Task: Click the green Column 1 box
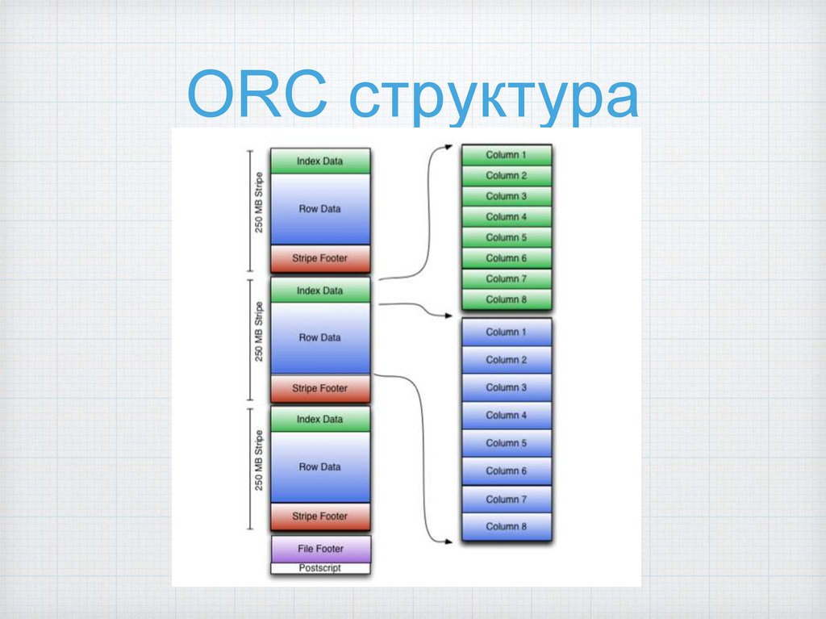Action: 506,155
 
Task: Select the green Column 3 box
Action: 506,196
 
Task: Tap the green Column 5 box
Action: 506,237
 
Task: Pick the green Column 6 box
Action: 506,258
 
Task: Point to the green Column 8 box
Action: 506,299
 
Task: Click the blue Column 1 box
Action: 506,332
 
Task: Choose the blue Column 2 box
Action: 506,360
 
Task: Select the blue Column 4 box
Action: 506,415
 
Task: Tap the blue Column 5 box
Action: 506,443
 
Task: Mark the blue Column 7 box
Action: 506,500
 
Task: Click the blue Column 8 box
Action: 506,526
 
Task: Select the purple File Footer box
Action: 320,549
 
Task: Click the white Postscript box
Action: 320,568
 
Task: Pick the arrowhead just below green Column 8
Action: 448,315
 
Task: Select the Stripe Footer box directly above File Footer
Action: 320,517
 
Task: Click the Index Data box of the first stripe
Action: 320,161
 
